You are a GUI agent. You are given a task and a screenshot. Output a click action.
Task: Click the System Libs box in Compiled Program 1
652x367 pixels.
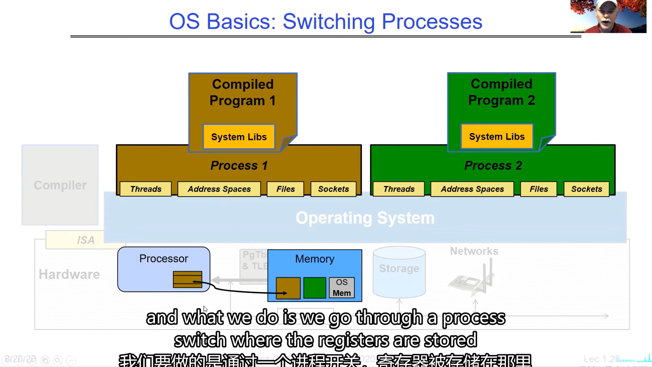tap(239, 137)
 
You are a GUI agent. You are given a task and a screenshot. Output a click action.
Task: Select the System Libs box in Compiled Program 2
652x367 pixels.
tap(497, 137)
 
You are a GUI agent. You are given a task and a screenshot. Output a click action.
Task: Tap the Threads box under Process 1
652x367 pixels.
tap(146, 189)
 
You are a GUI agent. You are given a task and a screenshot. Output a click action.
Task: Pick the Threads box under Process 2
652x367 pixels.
tap(399, 189)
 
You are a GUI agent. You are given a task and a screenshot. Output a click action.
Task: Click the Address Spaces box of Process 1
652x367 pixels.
tap(219, 189)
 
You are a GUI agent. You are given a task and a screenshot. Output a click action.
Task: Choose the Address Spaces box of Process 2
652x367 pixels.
tap(472, 189)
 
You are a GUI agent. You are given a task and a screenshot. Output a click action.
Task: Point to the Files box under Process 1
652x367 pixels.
tap(285, 189)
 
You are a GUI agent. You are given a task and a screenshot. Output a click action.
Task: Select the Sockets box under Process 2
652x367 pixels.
tap(586, 189)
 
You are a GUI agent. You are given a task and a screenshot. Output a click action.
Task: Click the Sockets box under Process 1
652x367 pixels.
tap(333, 189)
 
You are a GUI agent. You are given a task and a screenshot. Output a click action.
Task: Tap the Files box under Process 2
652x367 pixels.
tap(539, 189)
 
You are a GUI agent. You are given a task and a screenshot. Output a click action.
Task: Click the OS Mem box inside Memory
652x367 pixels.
tap(342, 288)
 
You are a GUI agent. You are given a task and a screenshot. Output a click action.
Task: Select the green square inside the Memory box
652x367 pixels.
tap(315, 288)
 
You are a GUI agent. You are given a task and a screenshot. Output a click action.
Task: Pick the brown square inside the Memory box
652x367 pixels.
tap(288, 288)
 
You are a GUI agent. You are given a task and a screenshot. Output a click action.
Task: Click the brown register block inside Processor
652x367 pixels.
tap(187, 279)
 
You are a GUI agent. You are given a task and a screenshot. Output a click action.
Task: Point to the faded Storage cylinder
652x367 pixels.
tap(399, 272)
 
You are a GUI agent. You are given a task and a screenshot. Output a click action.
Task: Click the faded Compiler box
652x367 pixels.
tap(60, 185)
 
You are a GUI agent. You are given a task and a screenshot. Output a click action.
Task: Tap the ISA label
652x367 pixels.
tap(86, 240)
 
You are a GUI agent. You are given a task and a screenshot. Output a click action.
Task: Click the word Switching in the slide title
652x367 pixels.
tap(328, 22)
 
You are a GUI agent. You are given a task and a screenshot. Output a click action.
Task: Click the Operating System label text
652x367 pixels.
tap(365, 218)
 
